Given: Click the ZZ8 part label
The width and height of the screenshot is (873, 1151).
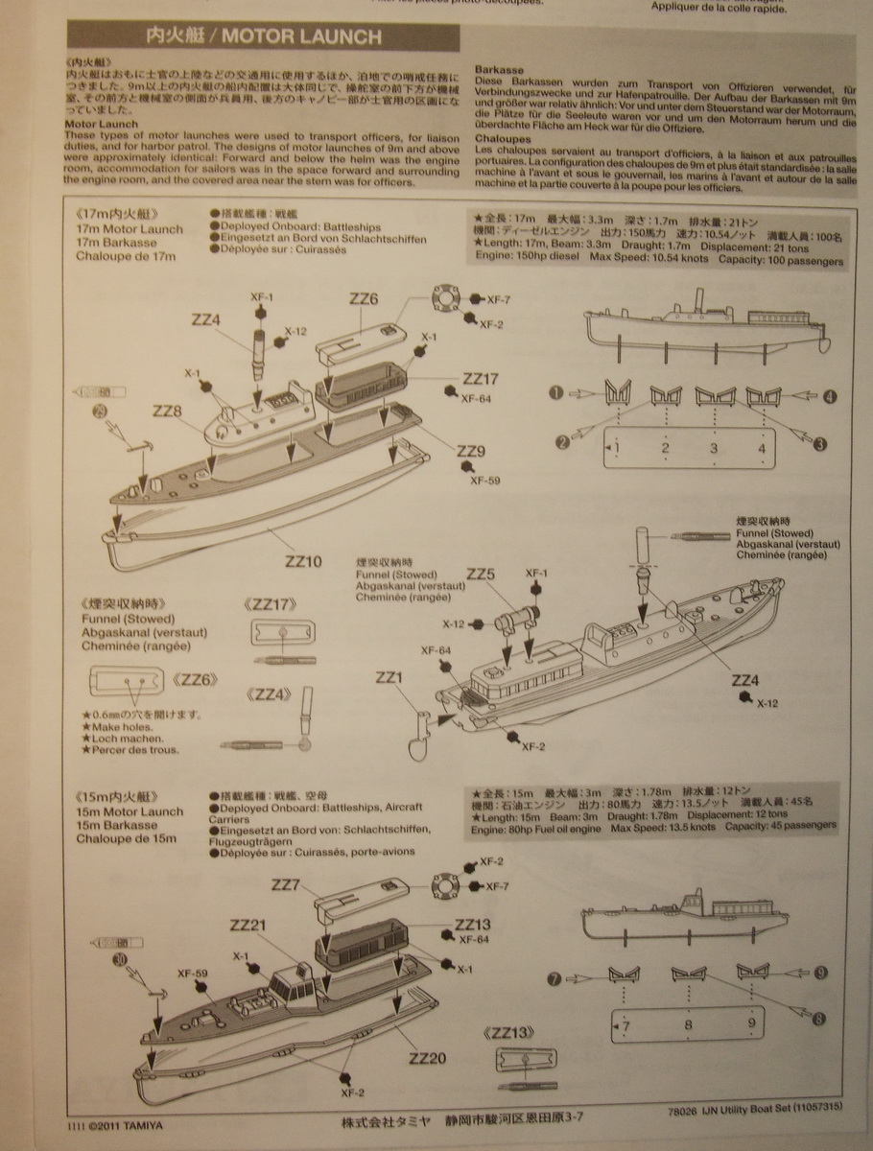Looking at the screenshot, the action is [x=166, y=411].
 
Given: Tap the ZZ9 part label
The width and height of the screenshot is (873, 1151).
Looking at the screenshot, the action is [x=470, y=451].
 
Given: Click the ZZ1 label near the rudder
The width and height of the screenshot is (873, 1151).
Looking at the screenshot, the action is [x=389, y=677].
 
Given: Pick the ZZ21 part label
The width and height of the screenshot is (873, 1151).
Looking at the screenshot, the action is [x=247, y=926].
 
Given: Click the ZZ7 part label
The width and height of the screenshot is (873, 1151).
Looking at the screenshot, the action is [x=286, y=884].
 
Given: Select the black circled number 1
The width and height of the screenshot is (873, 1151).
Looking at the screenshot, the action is [x=555, y=392].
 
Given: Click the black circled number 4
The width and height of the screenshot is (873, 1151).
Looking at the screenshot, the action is [x=829, y=394].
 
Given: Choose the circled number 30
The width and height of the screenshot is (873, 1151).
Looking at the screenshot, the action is [x=119, y=958].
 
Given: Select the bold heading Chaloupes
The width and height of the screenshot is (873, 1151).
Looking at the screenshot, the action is [x=502, y=138].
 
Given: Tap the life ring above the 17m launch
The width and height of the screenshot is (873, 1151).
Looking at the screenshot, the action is [x=446, y=297].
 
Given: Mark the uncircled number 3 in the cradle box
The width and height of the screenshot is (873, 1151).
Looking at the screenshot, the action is [x=713, y=447].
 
